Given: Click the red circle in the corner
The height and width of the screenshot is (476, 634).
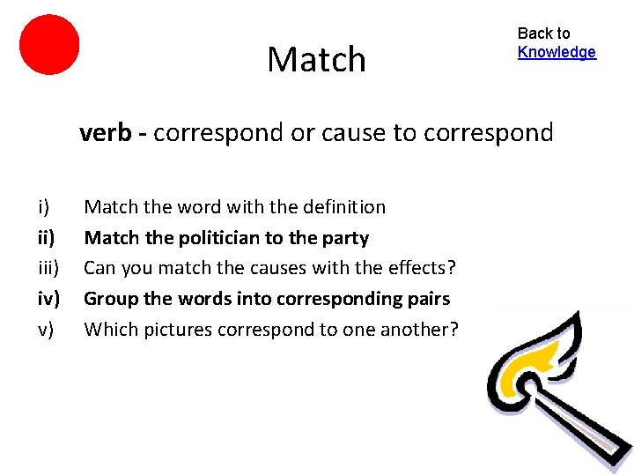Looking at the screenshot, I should (49, 44).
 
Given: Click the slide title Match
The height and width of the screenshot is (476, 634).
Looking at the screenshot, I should (316, 60).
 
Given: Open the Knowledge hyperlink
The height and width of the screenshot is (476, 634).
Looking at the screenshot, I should (557, 52).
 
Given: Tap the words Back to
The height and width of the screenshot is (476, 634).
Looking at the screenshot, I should (543, 33).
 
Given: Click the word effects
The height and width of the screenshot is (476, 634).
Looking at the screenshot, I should (421, 268).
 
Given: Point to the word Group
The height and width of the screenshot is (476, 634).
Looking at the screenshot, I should (111, 299).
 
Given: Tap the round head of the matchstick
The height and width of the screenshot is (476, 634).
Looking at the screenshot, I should (525, 386).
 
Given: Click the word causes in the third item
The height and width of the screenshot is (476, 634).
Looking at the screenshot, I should (264, 268).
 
